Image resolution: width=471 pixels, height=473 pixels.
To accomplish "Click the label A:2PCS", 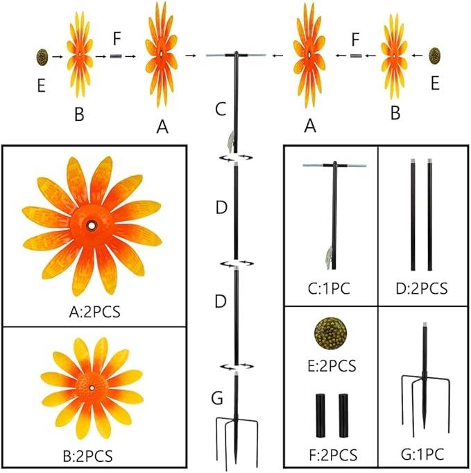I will tap(94, 311).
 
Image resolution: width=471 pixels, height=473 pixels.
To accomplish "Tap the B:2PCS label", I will tap(94, 456).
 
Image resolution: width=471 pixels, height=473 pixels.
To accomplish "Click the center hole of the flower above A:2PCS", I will tap(92, 226).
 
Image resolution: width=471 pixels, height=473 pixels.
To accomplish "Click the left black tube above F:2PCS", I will tap(321, 414).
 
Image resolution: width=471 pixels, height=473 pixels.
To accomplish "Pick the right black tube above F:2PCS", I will tap(342, 414).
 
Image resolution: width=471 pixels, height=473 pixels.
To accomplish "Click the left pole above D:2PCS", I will tap(414, 215).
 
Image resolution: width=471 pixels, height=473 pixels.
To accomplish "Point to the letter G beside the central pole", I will tap(216, 399).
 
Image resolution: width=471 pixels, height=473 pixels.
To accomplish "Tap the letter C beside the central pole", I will tap(220, 108).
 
